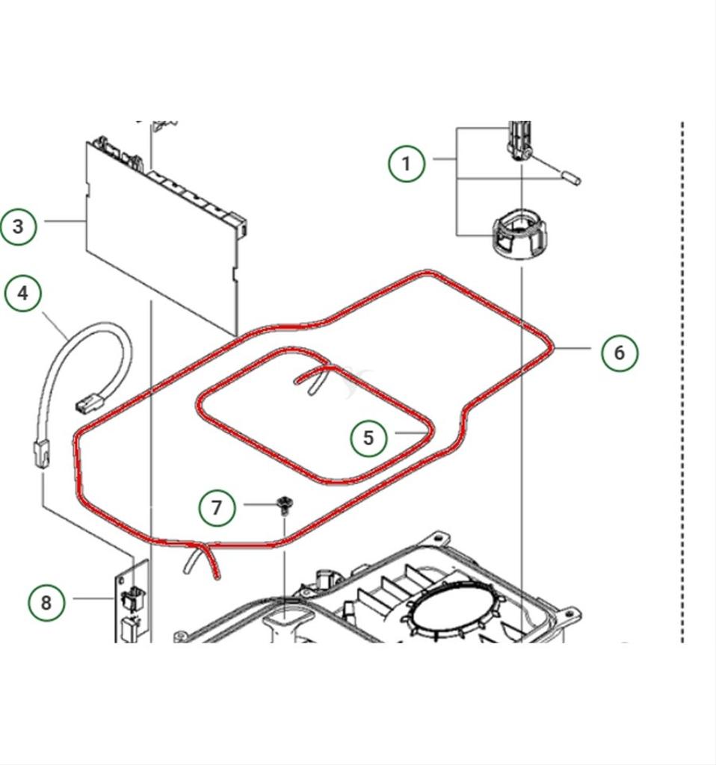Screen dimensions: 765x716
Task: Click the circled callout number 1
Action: coord(407,163)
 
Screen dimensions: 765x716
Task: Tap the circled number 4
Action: coord(23,293)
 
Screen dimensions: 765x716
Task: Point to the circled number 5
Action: coord(368,438)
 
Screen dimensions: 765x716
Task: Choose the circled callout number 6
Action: coord(620,352)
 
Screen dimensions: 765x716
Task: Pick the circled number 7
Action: coord(217,508)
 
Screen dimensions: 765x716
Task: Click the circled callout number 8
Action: coord(46,602)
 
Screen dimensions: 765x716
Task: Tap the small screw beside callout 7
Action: coord(283,504)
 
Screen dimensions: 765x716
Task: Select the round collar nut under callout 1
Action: coord(519,233)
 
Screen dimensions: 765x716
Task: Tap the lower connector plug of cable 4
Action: coord(40,453)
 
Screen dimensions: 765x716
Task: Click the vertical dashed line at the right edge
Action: coord(682,374)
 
